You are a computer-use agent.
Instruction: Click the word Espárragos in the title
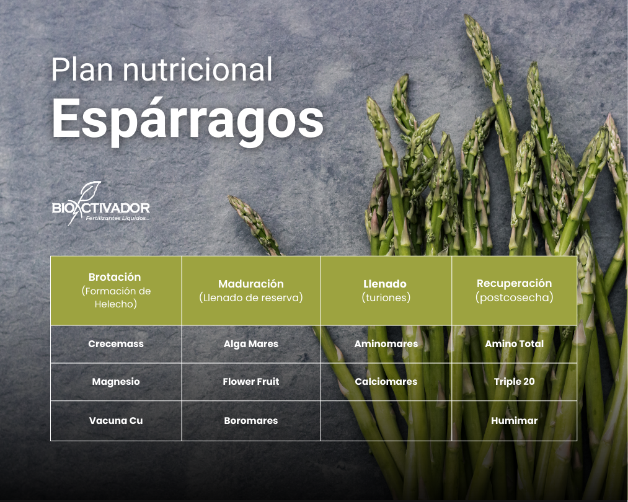point(187,121)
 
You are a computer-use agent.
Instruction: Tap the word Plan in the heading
point(82,69)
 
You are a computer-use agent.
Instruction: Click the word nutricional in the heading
point(198,69)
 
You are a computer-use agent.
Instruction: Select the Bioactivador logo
point(101,204)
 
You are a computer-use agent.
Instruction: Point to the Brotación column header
point(116,291)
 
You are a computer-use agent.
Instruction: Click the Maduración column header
point(251,291)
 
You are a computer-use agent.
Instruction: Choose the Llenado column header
point(386,291)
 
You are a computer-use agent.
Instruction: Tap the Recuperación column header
point(515,291)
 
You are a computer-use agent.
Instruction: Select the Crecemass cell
point(116,344)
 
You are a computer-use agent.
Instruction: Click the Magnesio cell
point(116,382)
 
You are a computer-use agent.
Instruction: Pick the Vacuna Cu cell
point(116,421)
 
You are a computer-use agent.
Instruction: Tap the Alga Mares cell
point(251,344)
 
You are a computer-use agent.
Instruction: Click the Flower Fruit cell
point(251,382)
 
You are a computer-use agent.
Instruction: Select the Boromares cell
point(251,421)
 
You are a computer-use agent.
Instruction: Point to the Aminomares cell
point(386,344)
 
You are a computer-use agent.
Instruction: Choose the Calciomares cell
point(386,382)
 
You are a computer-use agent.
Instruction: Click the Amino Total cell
point(515,344)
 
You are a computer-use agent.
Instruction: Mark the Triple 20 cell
point(515,382)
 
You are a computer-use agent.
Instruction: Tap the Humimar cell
point(515,421)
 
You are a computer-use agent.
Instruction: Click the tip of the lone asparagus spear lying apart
point(229,196)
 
